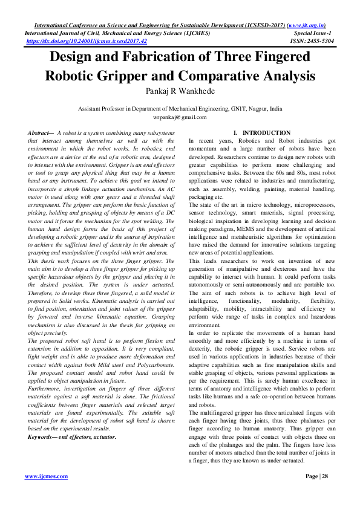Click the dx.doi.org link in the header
pyautogui.click(x=87, y=42)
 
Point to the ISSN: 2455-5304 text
pyautogui.click(x=314, y=42)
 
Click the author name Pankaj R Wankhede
pyautogui.click(x=180, y=92)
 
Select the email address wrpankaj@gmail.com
pyautogui.click(x=180, y=117)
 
